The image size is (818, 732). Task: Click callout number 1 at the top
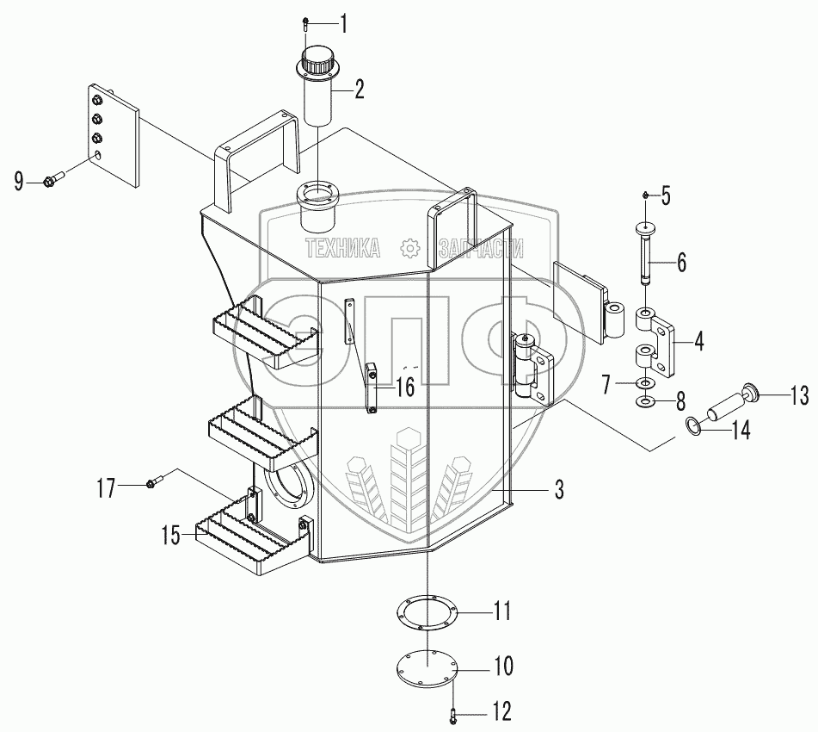coord(343,25)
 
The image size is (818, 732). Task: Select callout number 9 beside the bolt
coord(19,183)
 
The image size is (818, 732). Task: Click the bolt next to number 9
coord(53,178)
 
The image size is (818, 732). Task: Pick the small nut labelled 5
coord(646,195)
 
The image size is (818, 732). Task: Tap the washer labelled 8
coord(646,402)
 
